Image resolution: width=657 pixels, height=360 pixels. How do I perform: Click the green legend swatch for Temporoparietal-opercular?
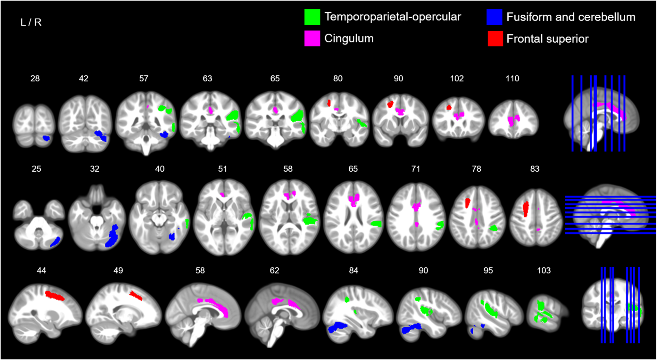coord(312,17)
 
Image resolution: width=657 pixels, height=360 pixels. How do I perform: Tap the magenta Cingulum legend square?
coord(312,38)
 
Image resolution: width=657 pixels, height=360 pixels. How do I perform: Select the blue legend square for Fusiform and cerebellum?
coord(494,17)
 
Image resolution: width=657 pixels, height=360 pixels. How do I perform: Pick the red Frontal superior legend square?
coord(495,38)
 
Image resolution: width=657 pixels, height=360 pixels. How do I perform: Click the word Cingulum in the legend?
coord(349,38)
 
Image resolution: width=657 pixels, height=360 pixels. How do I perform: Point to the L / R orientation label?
coord(31,22)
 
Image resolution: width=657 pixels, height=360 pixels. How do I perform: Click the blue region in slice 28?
coord(46,138)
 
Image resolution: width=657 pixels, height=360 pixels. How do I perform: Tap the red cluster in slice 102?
coord(449,107)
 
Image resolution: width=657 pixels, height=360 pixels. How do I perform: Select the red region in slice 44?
coord(55,295)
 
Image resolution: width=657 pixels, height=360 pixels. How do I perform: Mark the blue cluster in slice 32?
coord(112,236)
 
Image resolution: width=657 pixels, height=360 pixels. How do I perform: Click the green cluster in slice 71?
coord(440,225)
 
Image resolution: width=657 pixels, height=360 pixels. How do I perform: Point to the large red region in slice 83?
coord(526,209)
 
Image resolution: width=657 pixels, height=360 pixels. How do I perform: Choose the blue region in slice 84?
coord(337,327)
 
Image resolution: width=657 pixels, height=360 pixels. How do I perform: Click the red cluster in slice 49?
coord(136,295)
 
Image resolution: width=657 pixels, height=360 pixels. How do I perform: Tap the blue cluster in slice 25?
coord(55,241)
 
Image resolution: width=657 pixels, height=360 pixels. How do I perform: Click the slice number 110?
coord(512,78)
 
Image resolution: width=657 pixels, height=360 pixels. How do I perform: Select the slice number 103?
coord(544,271)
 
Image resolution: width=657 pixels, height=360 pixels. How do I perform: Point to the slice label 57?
coord(144,78)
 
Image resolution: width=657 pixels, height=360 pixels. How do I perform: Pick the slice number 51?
coord(222,169)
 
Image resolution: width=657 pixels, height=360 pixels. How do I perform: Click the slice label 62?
coord(274,271)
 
